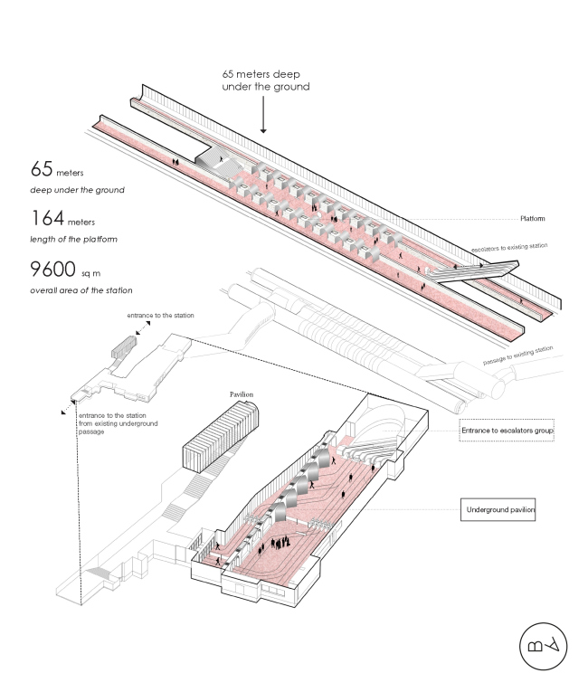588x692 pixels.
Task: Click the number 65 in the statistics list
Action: coord(43,169)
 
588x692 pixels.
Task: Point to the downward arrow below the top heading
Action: coord(263,116)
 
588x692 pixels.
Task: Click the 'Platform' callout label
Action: coord(537,218)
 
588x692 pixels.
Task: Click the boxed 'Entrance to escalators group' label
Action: coord(506,431)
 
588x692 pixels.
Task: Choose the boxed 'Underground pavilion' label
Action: coord(500,510)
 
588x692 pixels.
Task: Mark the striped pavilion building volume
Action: coord(222,439)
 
